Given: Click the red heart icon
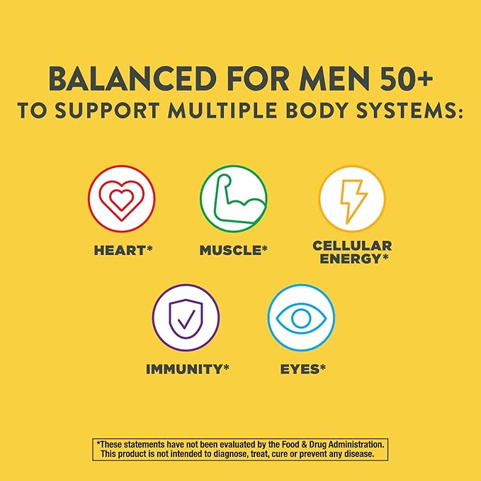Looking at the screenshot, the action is (121, 199).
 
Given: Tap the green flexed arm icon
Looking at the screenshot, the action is (234, 199).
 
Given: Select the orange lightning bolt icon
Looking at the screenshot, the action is (352, 199).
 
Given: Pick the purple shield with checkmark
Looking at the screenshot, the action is (186, 317).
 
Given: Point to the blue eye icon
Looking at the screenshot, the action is (301, 317).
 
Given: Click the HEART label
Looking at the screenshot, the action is (123, 250).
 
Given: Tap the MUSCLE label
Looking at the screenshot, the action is (234, 250).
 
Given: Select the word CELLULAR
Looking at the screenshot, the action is (352, 246).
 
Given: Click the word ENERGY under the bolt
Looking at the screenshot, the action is (351, 259).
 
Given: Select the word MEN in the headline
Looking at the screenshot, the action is (334, 79).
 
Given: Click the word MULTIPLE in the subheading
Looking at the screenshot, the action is (222, 110).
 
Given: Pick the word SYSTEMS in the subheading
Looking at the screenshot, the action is (405, 110).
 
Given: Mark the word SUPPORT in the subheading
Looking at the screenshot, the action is (108, 110).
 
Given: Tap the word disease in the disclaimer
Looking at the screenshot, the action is (361, 453).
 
